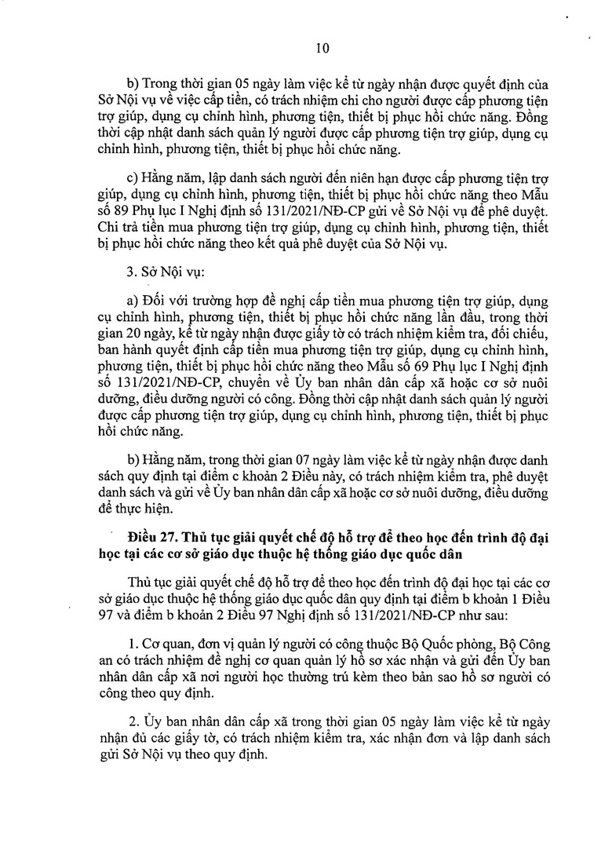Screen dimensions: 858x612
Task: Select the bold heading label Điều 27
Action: coord(155,535)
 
